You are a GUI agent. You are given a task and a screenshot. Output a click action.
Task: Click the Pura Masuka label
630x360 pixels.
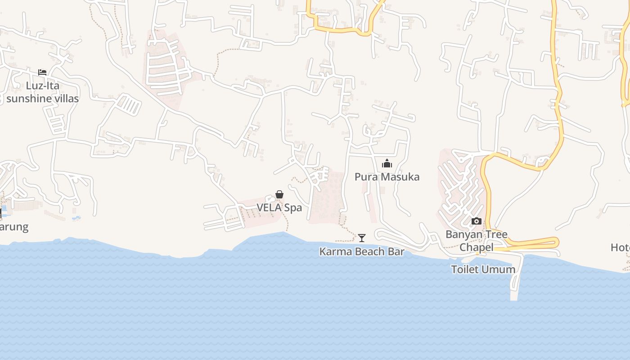(387, 177)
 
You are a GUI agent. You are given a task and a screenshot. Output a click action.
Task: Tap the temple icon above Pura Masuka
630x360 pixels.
(387, 164)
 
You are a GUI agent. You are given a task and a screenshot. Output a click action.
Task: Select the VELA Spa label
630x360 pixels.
(279, 208)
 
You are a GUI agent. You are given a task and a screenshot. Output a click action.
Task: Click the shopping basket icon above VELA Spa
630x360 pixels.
(279, 194)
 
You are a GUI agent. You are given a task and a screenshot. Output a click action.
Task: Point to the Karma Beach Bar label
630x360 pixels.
(362, 252)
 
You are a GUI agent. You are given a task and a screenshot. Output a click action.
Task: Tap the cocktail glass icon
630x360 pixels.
(362, 238)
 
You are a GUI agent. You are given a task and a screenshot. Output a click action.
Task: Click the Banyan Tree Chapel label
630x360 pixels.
(477, 241)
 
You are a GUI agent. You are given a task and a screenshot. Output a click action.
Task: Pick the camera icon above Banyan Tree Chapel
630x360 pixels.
(476, 221)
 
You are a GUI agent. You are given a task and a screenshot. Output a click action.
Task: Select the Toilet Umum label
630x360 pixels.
(483, 270)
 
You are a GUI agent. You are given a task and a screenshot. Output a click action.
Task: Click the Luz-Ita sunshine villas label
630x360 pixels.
(43, 92)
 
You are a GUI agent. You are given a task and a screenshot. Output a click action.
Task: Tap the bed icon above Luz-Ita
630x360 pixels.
(42, 72)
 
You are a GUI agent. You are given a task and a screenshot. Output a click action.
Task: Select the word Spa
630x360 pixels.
(293, 208)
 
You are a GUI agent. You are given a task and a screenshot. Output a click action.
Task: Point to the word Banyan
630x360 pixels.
(463, 234)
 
